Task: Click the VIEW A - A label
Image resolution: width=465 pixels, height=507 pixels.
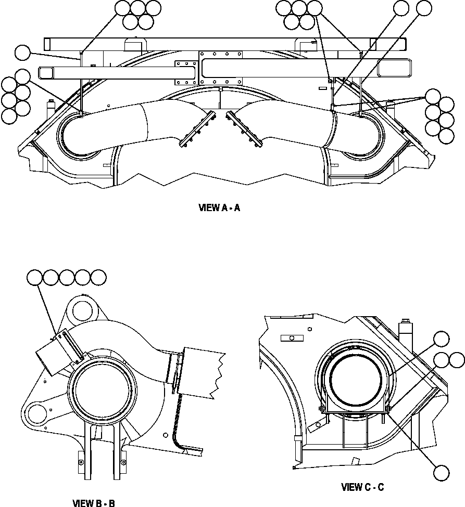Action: (219, 208)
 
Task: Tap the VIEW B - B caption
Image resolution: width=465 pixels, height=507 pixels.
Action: (94, 503)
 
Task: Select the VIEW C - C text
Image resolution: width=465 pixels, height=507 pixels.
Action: (362, 487)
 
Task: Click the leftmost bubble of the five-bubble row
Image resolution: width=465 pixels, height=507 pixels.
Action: (35, 277)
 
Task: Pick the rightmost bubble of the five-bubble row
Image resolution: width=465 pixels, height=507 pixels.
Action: (98, 277)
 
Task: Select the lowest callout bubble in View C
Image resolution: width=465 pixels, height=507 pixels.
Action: (442, 473)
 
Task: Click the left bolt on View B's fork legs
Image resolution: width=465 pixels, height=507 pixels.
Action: (80, 461)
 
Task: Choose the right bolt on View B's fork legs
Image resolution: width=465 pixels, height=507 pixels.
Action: (123, 461)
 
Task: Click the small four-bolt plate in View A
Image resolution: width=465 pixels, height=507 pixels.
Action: (184, 71)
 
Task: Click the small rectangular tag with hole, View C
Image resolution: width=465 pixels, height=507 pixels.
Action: (291, 338)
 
